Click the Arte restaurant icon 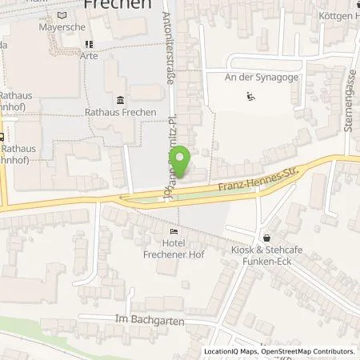[x=89, y=44]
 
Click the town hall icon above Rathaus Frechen [x=120, y=99]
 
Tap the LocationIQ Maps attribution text [x=230, y=351]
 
